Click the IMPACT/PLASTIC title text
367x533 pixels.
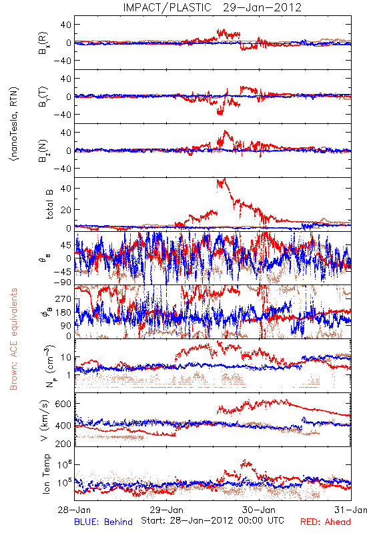pos(167,7)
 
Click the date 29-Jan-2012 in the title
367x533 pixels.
pos(262,7)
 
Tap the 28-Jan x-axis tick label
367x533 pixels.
pos(74,510)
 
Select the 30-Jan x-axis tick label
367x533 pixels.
pos(259,510)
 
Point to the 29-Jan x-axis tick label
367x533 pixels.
pos(167,510)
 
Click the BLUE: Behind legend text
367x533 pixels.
pos(103,522)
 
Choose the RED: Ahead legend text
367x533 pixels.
pos(325,522)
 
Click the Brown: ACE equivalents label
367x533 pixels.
pos(13,339)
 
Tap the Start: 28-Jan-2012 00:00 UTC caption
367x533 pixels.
pos(212,520)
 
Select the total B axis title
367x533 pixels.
pos(49,204)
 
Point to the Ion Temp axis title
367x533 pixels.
pos(47,474)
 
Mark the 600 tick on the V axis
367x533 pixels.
pos(63,404)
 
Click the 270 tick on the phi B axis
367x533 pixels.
pos(63,298)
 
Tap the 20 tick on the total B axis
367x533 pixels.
pos(66,210)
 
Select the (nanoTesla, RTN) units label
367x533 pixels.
pos(14,124)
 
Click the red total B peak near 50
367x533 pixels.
pos(222,181)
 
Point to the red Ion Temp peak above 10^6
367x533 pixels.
pos(246,463)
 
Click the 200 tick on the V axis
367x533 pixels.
pos(63,444)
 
